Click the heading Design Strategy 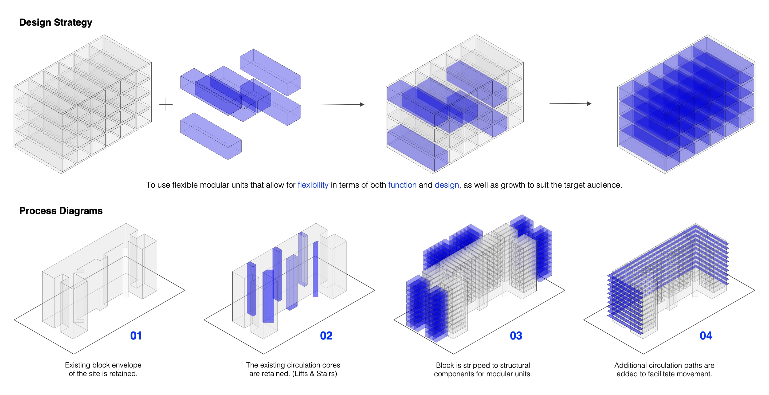pyautogui.click(x=56, y=23)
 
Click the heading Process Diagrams pyautogui.click(x=61, y=211)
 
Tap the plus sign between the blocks pyautogui.click(x=166, y=104)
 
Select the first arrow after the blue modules pyautogui.click(x=343, y=104)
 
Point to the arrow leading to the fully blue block pyautogui.click(x=571, y=104)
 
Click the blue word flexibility pyautogui.click(x=313, y=185)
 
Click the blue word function pyautogui.click(x=402, y=185)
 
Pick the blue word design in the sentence pyautogui.click(x=447, y=185)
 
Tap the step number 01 pyautogui.click(x=136, y=336)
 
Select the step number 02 pyautogui.click(x=326, y=336)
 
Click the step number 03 pyautogui.click(x=516, y=336)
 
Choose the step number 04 pyautogui.click(x=706, y=336)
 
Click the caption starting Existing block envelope pyautogui.click(x=103, y=369)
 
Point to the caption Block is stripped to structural pyautogui.click(x=483, y=365)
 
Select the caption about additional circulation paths pyautogui.click(x=664, y=370)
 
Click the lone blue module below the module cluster pyautogui.click(x=211, y=136)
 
